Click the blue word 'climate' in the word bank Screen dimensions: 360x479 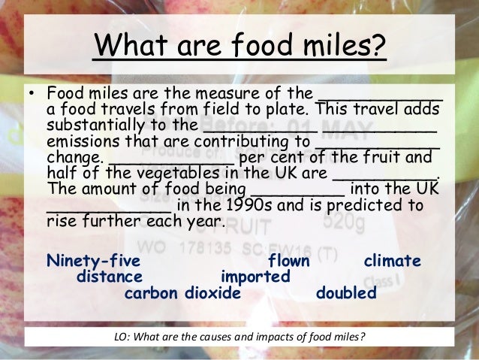coord(392,262)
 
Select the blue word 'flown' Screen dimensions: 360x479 coord(288,262)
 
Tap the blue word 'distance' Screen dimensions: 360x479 coord(110,277)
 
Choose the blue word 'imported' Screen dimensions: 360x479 coord(255,277)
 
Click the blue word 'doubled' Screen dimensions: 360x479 coord(346,293)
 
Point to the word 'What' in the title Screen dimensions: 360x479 coord(129,47)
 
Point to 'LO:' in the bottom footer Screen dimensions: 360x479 coord(121,335)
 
